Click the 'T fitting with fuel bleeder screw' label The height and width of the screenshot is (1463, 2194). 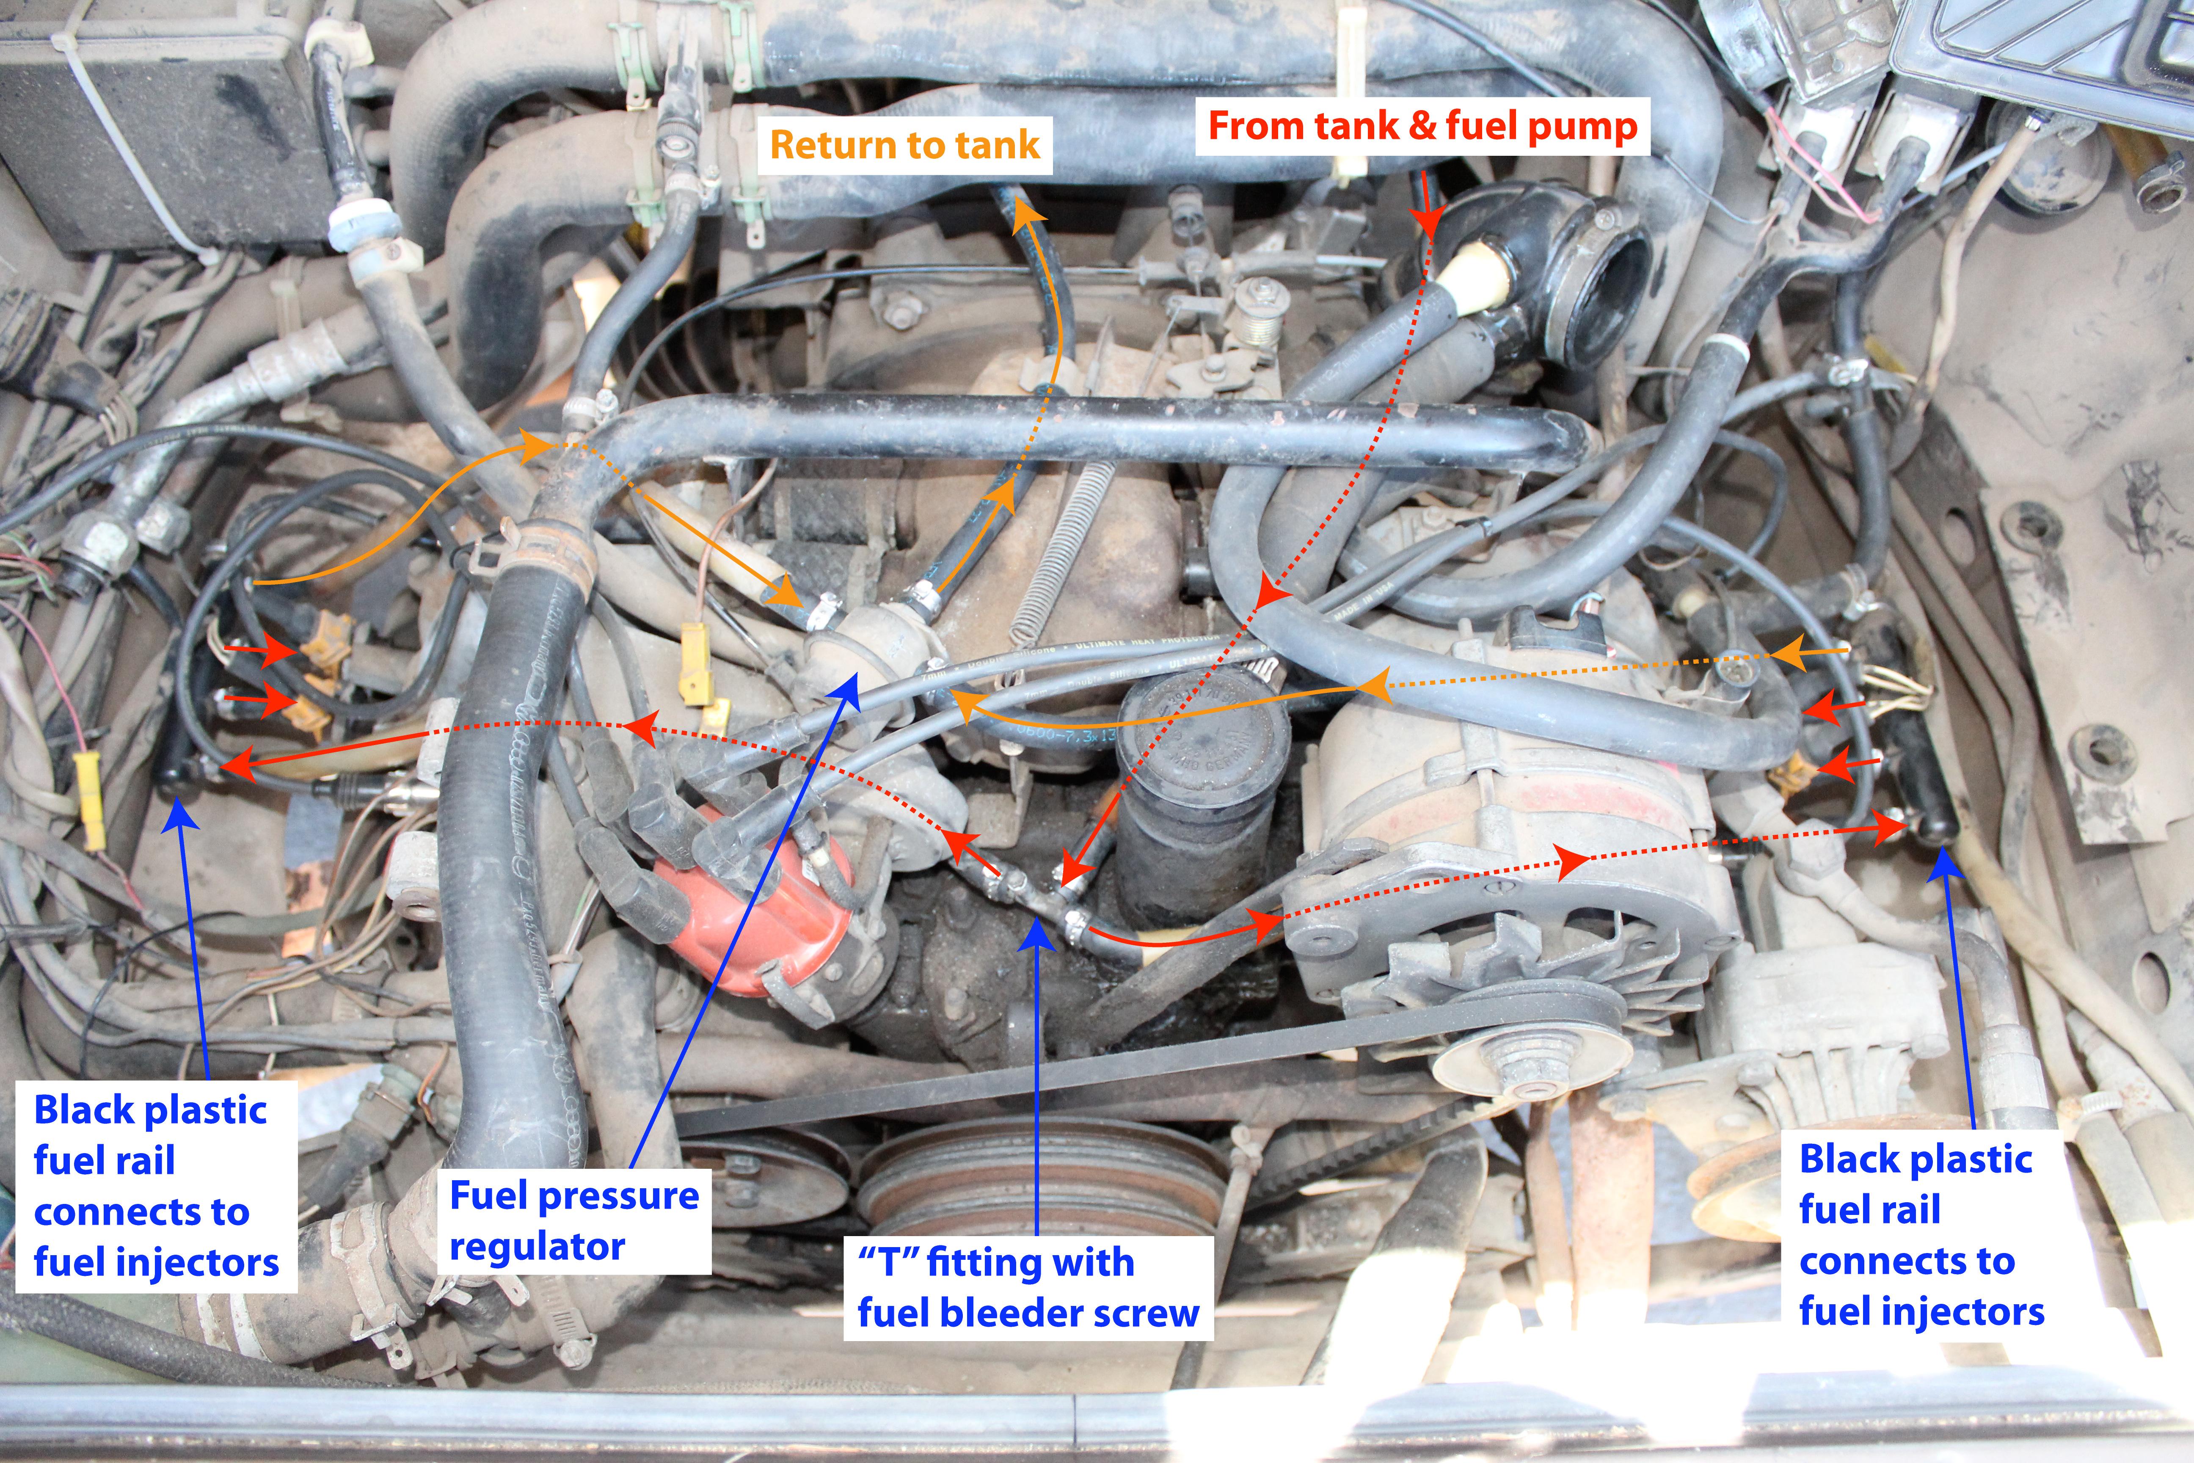tap(1028, 1288)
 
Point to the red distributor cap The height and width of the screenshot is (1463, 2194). tap(755, 900)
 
